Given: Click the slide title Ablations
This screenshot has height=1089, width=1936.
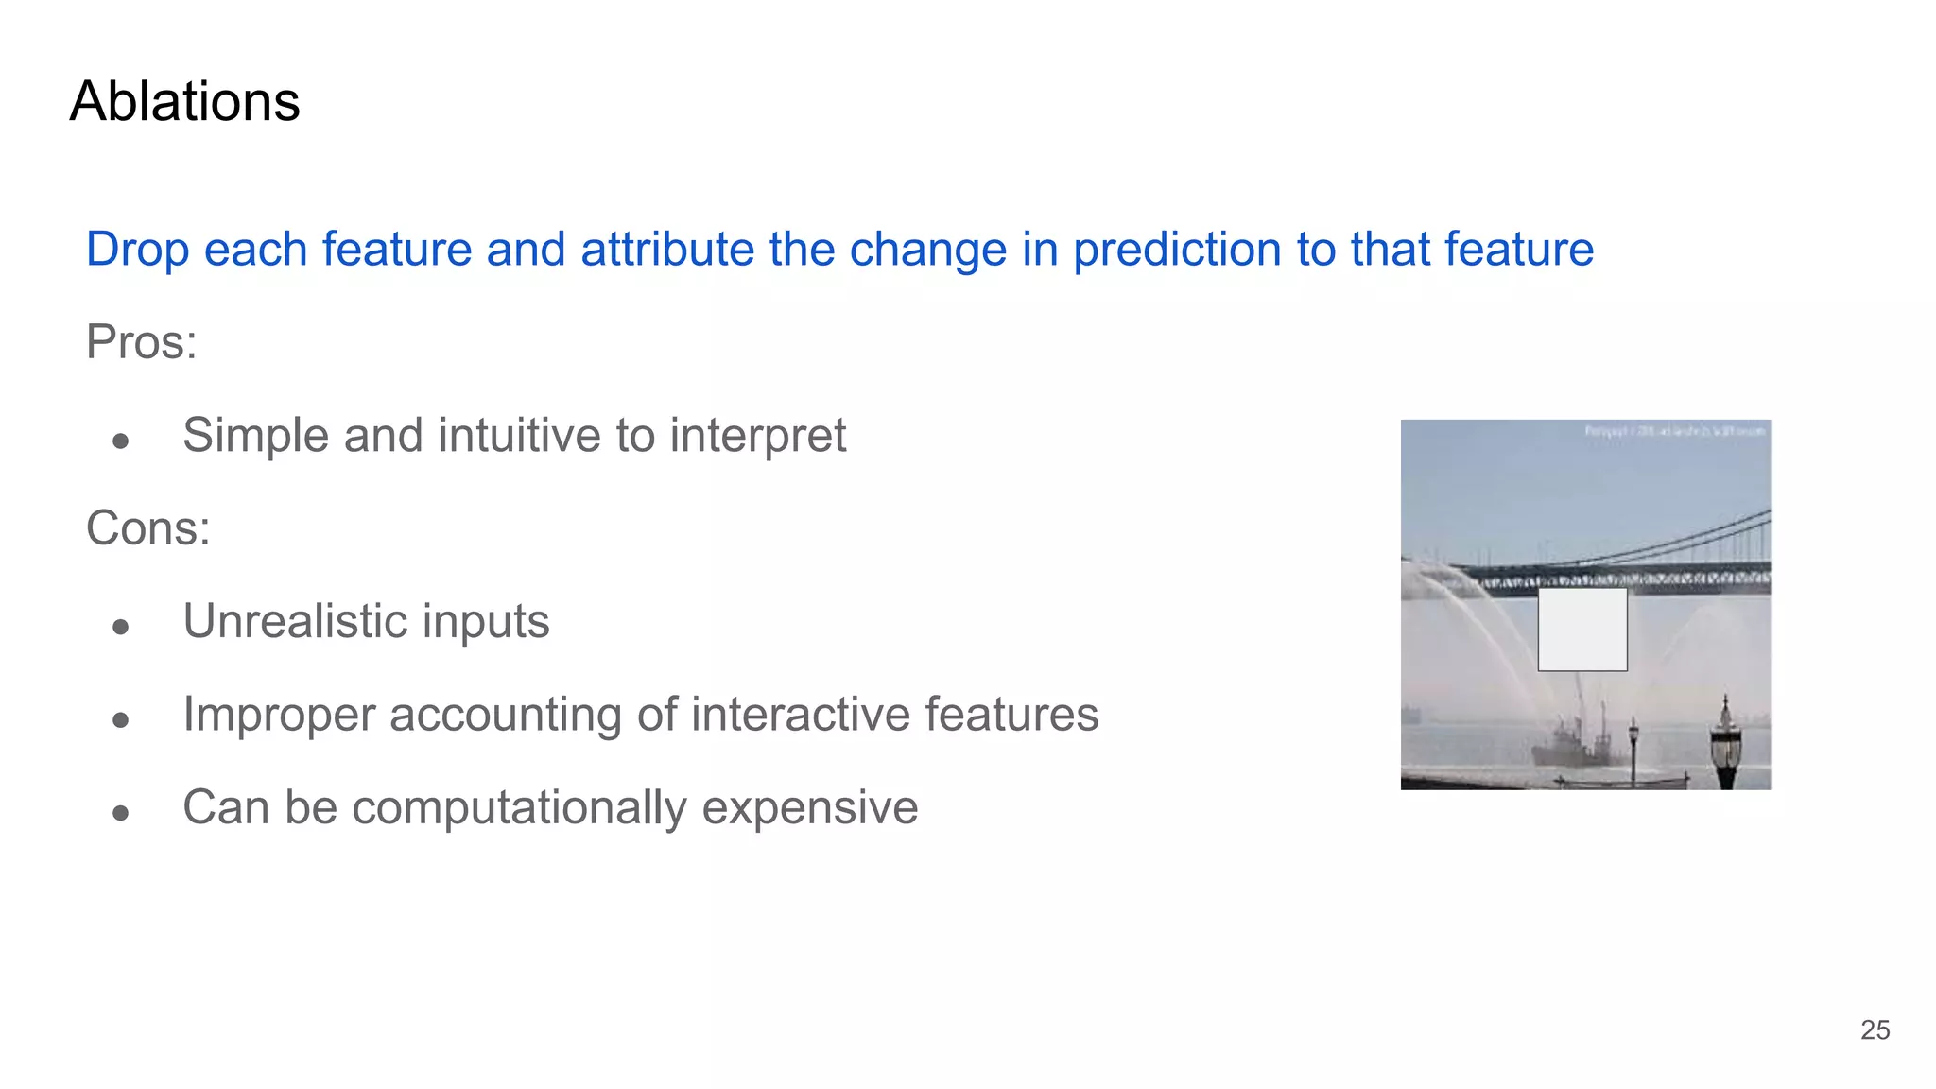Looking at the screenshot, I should pyautogui.click(x=184, y=101).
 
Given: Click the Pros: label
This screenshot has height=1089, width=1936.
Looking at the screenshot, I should pyautogui.click(x=141, y=341).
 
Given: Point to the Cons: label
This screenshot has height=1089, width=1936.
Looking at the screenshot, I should pyautogui.click(x=147, y=527).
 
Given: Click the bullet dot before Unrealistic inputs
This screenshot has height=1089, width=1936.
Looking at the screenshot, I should pyautogui.click(x=120, y=627).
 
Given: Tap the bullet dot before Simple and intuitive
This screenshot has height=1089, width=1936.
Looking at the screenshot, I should pyautogui.click(x=120, y=441).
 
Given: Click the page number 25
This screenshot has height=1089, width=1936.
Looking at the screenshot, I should pyautogui.click(x=1875, y=1029).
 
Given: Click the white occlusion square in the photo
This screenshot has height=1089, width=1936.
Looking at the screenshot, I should pyautogui.click(x=1582, y=630).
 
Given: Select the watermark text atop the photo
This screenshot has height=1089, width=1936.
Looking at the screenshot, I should pyautogui.click(x=1674, y=431).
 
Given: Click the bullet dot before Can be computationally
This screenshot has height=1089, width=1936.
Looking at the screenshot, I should pyautogui.click(x=120, y=813).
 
